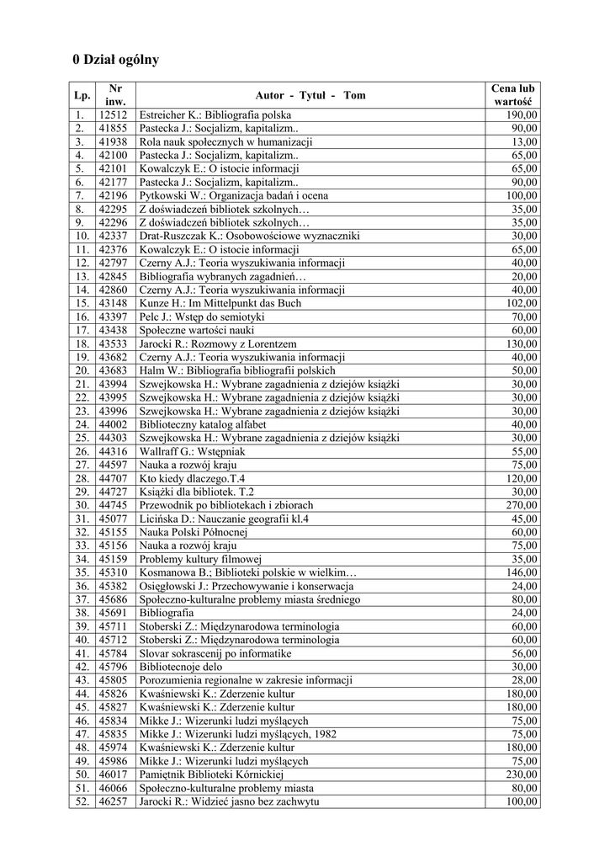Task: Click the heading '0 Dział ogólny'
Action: [x=115, y=60]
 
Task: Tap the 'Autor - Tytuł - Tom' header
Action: [x=310, y=95]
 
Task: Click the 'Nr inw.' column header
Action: [x=115, y=95]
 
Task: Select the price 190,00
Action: [x=522, y=114]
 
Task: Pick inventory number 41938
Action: [x=113, y=141]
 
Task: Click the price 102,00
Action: [x=522, y=303]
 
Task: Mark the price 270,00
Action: [x=522, y=505]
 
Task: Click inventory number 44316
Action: [x=113, y=451]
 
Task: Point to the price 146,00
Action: [x=522, y=572]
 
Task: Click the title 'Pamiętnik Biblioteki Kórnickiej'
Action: [x=212, y=774]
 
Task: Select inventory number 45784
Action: [x=113, y=653]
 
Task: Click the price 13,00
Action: [x=524, y=141]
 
